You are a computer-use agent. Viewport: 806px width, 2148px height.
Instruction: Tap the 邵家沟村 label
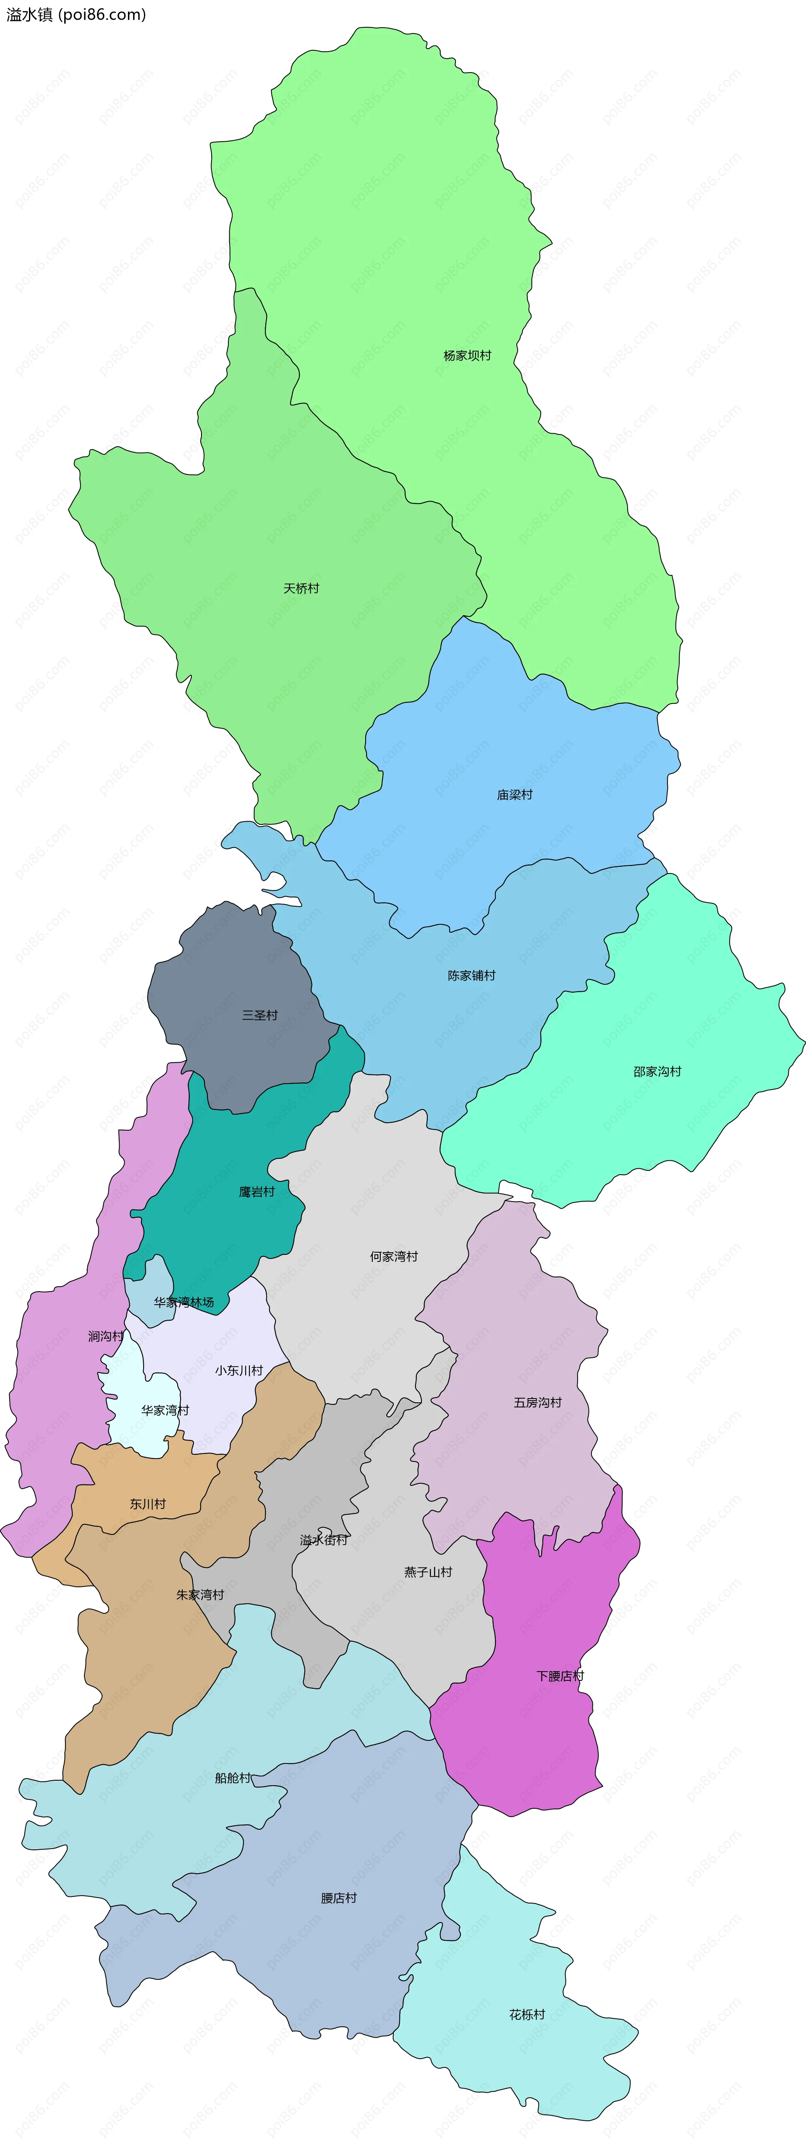click(x=657, y=1071)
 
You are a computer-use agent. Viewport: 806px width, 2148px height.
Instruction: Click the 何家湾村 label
click(x=394, y=1256)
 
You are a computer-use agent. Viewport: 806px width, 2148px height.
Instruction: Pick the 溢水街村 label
click(x=324, y=1540)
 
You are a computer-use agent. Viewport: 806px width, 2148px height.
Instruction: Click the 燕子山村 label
click(x=428, y=1572)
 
